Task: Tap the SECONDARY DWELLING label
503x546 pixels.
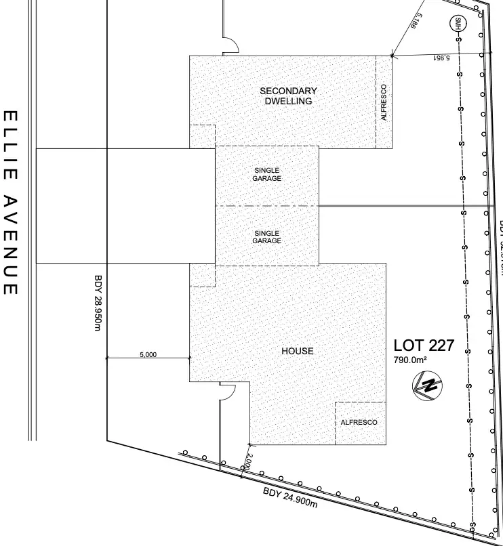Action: click(288, 96)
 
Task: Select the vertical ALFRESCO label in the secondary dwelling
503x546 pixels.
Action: click(384, 102)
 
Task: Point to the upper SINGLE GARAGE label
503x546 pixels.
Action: click(267, 174)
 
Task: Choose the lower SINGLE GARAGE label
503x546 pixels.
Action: click(267, 237)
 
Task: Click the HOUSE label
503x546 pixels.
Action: click(298, 351)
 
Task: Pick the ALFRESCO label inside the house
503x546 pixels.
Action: click(359, 422)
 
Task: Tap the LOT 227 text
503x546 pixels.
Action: click(424, 346)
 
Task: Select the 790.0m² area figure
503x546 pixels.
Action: click(410, 360)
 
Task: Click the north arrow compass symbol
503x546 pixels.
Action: click(428, 387)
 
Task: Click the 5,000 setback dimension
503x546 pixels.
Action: click(148, 354)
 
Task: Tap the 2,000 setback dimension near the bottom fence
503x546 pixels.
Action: click(248, 462)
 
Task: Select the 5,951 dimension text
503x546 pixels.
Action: click(441, 59)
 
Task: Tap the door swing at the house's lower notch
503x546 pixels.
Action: click(226, 391)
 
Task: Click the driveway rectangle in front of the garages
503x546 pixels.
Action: click(125, 206)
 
